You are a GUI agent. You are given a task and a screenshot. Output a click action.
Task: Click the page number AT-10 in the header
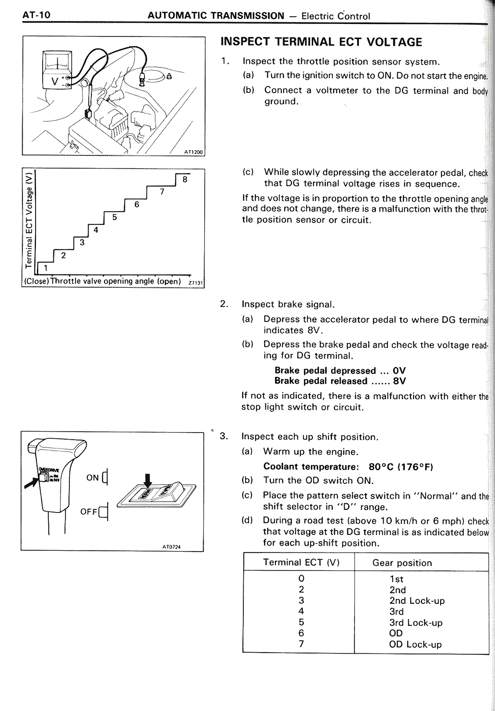(x=36, y=15)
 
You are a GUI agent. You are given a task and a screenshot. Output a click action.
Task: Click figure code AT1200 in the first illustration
(x=193, y=152)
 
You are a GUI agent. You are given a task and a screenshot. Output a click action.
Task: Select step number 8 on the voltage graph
(x=185, y=179)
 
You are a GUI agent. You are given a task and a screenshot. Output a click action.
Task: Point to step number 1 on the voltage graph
(x=45, y=268)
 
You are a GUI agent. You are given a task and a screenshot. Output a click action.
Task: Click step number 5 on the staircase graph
(x=114, y=217)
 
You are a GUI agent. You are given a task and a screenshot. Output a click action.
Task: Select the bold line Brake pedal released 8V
(x=340, y=381)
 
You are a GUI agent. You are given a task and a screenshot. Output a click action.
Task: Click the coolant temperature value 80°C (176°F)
(x=400, y=467)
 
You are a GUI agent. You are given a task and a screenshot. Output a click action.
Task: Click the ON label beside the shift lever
(x=92, y=478)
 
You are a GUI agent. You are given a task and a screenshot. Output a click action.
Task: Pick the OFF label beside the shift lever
(x=89, y=512)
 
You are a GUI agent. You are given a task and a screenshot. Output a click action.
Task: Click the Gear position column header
(x=402, y=563)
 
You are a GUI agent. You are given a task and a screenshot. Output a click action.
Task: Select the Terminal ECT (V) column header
(x=301, y=562)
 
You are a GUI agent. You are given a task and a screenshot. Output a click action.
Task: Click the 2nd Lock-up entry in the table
(x=417, y=601)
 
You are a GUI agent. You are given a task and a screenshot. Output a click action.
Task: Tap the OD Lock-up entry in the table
(x=415, y=644)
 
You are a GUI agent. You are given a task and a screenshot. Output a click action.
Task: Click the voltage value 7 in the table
(x=301, y=644)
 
